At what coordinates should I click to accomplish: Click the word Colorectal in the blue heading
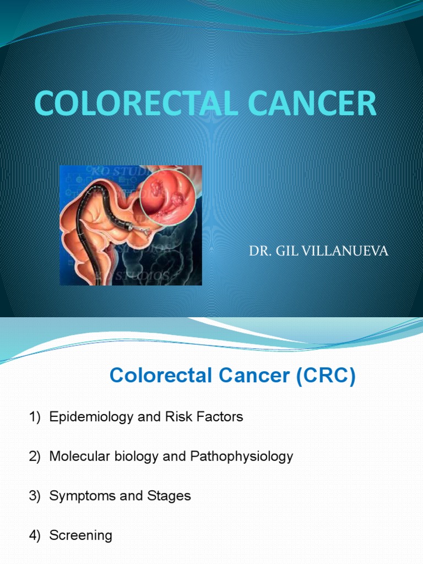pyautogui.click(x=161, y=376)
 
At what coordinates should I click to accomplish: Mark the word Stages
pyautogui.click(x=169, y=496)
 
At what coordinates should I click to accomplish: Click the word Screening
pyautogui.click(x=80, y=535)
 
